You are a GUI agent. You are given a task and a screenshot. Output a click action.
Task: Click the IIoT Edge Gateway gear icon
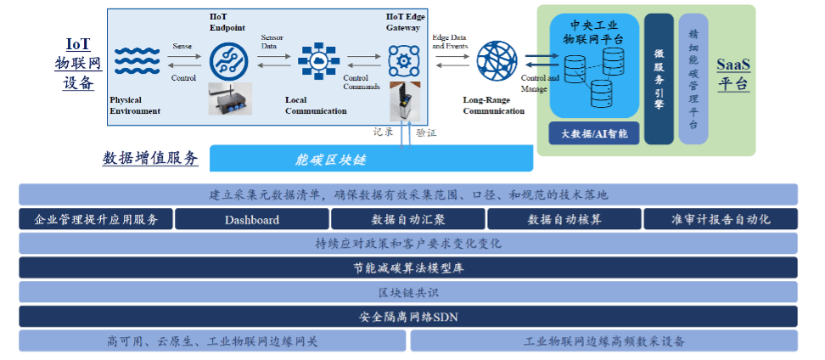404,60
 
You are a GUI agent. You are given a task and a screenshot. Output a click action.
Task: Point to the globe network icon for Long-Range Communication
496,62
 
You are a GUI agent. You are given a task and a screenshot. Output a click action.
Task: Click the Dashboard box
251,219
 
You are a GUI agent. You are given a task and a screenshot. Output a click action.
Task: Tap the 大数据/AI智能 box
594,133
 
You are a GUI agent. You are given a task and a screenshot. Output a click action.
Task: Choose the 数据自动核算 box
564,219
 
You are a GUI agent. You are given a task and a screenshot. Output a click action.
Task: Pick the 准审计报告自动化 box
720,219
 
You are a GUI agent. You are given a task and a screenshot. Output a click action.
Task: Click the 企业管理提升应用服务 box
96,219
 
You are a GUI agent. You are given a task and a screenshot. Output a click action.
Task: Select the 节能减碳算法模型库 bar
407,268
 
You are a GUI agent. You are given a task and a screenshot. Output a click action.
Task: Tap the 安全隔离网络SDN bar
407,318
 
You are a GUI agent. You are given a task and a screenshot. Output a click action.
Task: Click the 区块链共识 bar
407,293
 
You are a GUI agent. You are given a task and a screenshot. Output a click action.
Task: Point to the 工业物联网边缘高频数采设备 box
603,341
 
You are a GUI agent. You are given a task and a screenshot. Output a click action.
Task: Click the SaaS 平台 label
733,75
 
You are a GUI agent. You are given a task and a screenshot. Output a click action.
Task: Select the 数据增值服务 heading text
150,158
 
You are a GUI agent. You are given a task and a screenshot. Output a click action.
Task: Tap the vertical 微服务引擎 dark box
659,78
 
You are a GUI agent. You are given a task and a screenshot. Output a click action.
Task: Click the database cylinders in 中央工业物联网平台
594,75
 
